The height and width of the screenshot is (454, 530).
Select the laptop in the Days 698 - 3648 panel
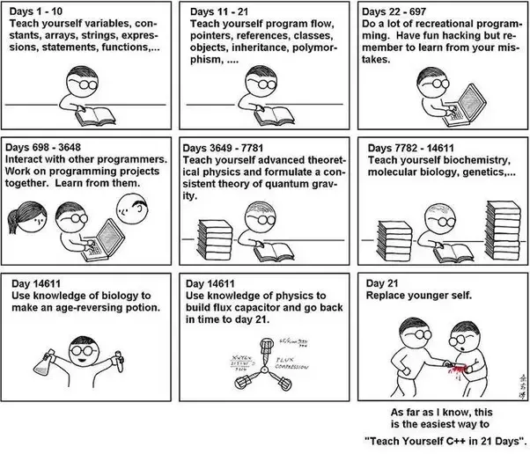coord(99,236)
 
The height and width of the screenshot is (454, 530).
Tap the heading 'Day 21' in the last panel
coord(383,283)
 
